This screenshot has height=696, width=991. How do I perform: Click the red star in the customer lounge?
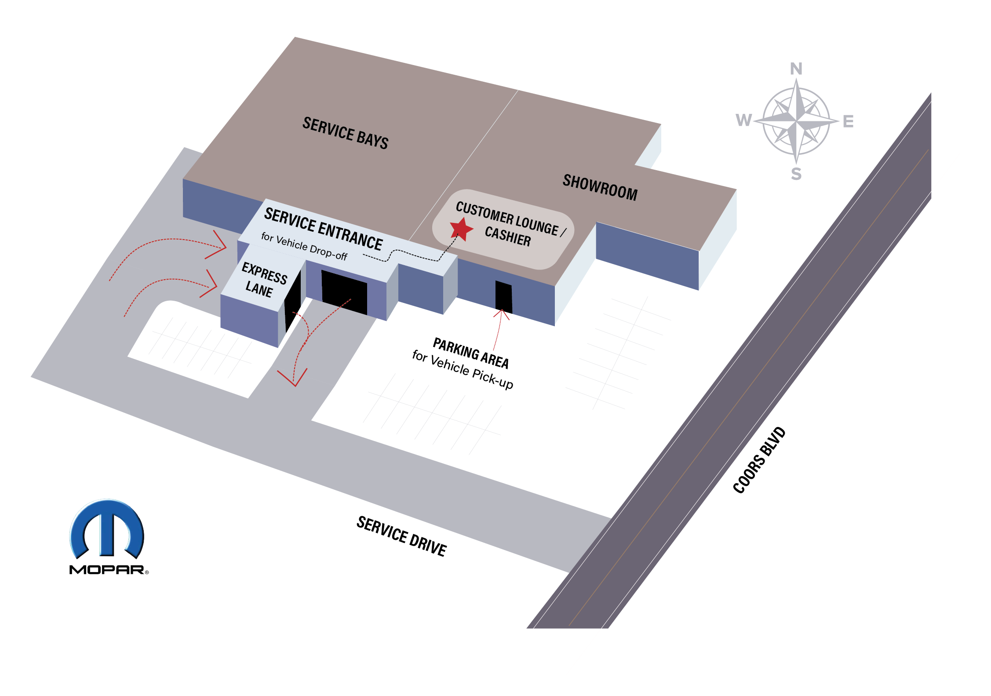(x=461, y=229)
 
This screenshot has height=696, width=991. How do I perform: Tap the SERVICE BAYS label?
(x=345, y=133)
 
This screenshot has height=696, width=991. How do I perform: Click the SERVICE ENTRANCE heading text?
(x=323, y=229)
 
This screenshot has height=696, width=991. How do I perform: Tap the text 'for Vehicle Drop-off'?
(x=304, y=246)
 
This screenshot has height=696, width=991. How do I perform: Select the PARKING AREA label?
(x=471, y=353)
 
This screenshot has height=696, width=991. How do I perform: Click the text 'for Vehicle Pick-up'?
(x=463, y=370)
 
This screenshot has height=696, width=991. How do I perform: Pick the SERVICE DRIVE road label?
(x=401, y=536)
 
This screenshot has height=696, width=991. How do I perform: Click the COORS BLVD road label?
(x=759, y=460)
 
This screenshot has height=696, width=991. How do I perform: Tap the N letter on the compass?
(x=796, y=69)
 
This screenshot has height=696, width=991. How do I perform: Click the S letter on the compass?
(x=796, y=174)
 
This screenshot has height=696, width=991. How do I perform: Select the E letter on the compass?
(x=848, y=121)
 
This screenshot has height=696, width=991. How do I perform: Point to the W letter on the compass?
(x=744, y=120)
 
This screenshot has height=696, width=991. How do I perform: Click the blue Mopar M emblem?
(x=107, y=529)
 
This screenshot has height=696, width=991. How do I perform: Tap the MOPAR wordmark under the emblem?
(x=107, y=570)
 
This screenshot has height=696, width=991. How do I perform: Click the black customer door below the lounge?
(x=504, y=297)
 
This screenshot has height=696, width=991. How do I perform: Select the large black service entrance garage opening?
(x=344, y=292)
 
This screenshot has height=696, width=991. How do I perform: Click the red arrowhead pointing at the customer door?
(x=501, y=314)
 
